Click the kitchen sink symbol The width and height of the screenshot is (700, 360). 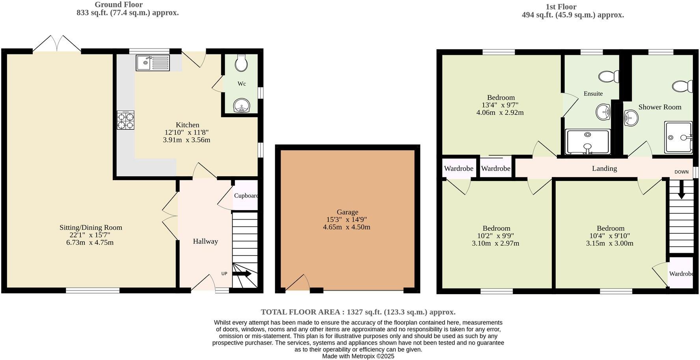click(x=153, y=63)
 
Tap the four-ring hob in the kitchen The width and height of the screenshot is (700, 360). click(x=125, y=120)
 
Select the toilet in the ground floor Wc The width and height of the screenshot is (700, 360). click(x=241, y=63)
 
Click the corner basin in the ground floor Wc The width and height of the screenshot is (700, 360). click(x=241, y=106)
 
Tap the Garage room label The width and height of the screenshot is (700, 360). click(x=347, y=212)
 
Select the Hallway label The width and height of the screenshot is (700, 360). click(x=205, y=241)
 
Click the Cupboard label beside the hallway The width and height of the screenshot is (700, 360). click(x=246, y=196)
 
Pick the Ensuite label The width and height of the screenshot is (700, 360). click(x=593, y=93)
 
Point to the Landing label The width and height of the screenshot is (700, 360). click(x=604, y=168)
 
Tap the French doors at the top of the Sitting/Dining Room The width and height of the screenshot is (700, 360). click(x=57, y=44)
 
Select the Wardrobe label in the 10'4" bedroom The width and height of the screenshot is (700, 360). click(x=681, y=274)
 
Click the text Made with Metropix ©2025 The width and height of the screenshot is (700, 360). click(x=358, y=356)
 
